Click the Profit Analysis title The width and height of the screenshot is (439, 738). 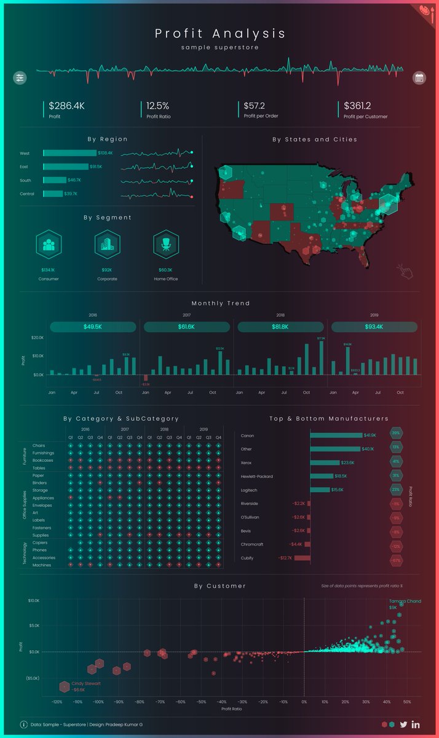coord(219,33)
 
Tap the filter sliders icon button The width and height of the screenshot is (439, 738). coord(20,78)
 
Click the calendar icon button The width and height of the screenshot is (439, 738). coord(419,78)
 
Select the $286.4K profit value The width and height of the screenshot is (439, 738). coord(66,106)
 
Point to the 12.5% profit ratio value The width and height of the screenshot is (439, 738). coord(157,106)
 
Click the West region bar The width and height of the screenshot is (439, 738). coord(69,153)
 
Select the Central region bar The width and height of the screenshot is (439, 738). coord(53,194)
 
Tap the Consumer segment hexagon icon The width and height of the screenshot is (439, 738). coord(48,244)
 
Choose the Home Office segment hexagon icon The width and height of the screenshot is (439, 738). coord(165,244)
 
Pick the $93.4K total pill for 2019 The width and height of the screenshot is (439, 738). coord(374,327)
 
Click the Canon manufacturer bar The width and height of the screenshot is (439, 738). coord(336,435)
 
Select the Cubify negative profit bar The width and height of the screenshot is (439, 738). coord(303,558)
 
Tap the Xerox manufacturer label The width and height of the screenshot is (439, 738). coord(247,462)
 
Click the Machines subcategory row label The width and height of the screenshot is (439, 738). coord(42,565)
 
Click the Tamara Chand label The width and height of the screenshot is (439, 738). coord(405,600)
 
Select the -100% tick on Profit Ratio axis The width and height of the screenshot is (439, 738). coord(98,702)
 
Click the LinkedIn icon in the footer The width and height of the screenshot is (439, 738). coord(416,725)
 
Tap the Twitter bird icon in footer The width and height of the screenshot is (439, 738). coord(403,725)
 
